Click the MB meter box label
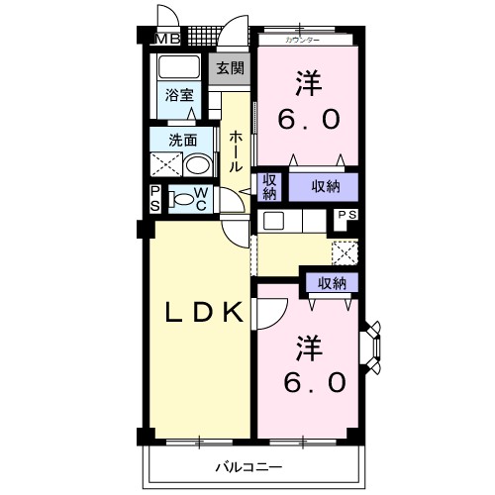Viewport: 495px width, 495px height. click(168, 40)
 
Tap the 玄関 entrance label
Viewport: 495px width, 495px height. click(230, 68)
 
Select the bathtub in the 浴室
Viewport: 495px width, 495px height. click(179, 67)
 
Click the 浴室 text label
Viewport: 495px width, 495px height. click(179, 95)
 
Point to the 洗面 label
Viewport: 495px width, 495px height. click(183, 141)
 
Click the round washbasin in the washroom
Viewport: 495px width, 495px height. click(197, 166)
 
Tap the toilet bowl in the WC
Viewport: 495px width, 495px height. click(181, 199)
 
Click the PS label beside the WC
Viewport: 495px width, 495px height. click(155, 199)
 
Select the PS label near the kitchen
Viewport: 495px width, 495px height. click(347, 215)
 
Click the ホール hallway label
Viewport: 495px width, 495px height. click(235, 151)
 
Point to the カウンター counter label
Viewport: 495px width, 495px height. click(303, 41)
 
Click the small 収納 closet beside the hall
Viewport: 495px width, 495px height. click(269, 187)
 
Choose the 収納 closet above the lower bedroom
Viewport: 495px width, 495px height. click(332, 283)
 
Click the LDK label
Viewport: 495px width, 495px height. click(204, 313)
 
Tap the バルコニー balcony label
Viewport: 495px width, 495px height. click(248, 467)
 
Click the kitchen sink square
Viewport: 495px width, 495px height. click(273, 221)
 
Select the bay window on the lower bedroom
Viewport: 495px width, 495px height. click(370, 348)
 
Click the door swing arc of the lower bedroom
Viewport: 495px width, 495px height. click(279, 318)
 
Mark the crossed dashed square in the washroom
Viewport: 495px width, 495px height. click(165, 164)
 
